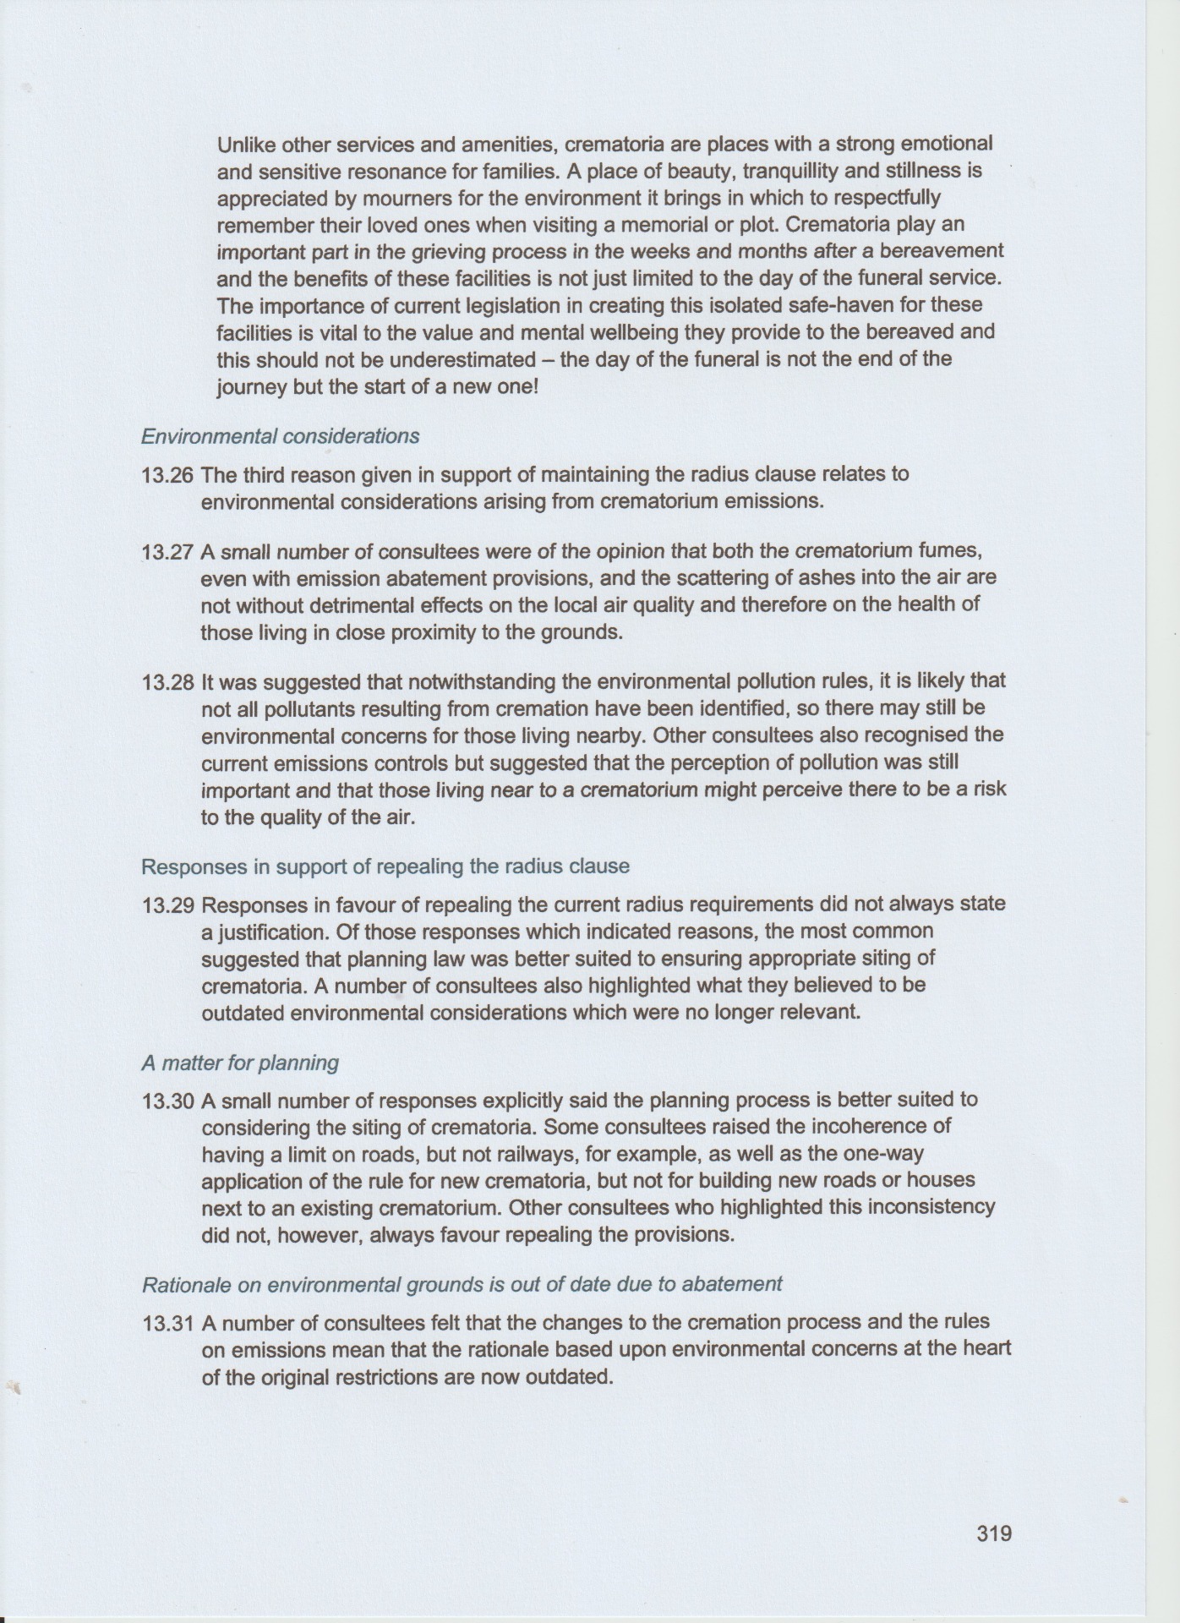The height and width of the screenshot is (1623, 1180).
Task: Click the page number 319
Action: click(x=993, y=1533)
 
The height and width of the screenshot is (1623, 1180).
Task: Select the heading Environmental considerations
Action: click(x=280, y=436)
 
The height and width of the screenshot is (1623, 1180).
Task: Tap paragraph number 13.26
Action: click(x=168, y=474)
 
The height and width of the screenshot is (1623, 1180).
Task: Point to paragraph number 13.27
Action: click(x=168, y=552)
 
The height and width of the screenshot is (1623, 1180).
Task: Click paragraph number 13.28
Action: click(x=168, y=681)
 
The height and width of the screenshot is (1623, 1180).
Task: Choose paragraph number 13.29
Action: click(x=168, y=904)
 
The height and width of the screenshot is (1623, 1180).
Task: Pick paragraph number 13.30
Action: click(x=168, y=1101)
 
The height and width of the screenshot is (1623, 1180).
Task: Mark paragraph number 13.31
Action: click(x=168, y=1322)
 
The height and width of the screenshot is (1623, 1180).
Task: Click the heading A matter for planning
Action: click(x=240, y=1063)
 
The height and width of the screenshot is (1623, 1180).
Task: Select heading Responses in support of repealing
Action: click(x=385, y=866)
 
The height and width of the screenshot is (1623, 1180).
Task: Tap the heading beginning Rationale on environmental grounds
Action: click(x=462, y=1284)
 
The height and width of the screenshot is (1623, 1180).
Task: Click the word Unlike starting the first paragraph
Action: click(x=243, y=144)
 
